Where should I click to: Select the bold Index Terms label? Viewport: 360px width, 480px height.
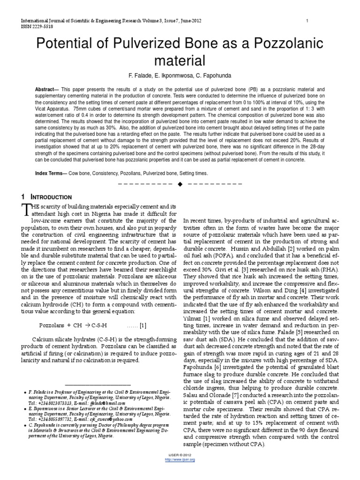(x=51, y=173)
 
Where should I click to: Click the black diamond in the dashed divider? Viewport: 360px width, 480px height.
(x=180, y=183)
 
